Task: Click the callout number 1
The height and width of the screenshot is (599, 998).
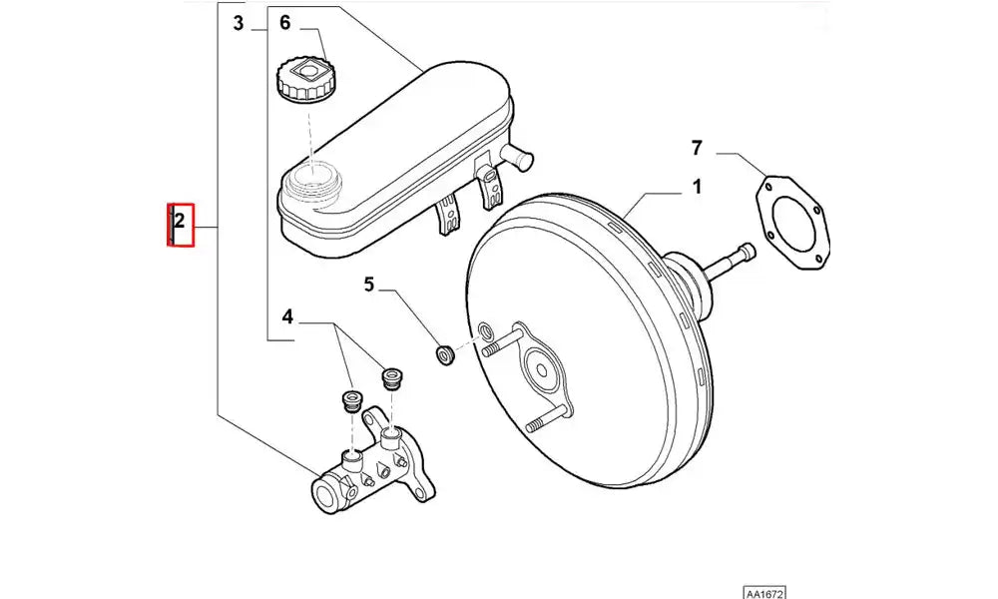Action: click(697, 187)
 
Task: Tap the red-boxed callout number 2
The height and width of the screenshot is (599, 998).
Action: click(180, 224)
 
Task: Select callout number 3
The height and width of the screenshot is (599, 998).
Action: click(239, 23)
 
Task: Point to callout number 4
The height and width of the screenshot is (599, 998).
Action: click(287, 317)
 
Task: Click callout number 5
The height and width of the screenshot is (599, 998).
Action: click(368, 285)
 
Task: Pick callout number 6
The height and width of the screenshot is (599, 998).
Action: click(284, 23)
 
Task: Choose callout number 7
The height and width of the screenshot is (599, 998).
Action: click(697, 149)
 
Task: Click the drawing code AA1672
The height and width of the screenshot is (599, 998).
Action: click(763, 591)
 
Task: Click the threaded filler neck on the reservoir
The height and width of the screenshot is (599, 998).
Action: click(311, 180)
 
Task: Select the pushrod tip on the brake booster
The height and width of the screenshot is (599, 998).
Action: click(744, 254)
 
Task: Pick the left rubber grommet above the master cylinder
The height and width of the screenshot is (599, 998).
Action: click(349, 400)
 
